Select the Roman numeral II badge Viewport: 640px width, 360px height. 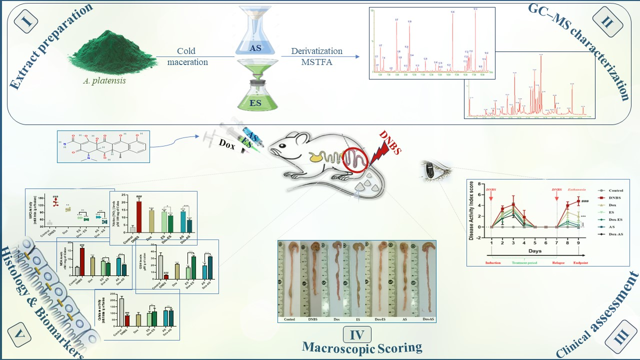point(606,23)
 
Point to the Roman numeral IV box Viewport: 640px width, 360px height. point(357,333)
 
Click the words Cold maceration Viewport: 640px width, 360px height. point(187,56)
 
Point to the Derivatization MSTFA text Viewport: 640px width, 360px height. point(317,56)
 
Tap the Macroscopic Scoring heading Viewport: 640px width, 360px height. point(362,347)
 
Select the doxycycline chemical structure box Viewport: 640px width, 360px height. point(103,146)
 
